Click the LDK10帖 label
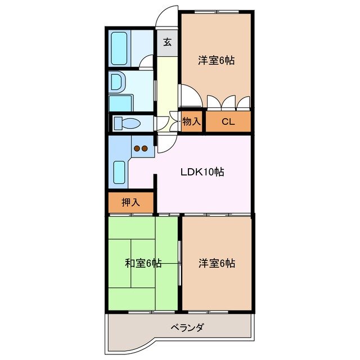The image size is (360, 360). [x=202, y=173]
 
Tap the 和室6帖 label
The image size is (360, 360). [x=143, y=263]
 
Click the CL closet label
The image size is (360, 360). [x=228, y=121]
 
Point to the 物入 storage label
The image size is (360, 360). [x=192, y=121]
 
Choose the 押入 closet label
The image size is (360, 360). [x=130, y=202]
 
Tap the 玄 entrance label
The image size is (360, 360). [x=168, y=42]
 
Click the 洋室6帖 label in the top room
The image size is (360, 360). [x=216, y=61]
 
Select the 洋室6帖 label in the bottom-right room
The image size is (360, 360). [x=217, y=263]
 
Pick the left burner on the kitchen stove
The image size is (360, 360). [x=137, y=148]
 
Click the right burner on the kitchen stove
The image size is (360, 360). [x=145, y=148]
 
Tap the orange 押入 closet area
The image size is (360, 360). [x=130, y=202]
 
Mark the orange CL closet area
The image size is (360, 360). [x=228, y=121]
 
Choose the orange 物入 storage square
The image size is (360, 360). [x=192, y=121]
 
